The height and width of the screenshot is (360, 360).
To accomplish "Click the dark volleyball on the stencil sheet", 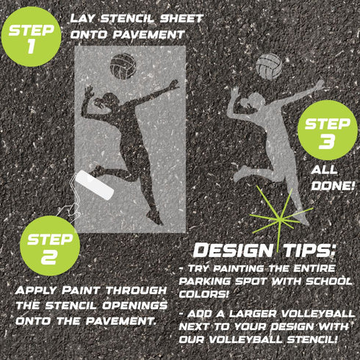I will coord(123,67).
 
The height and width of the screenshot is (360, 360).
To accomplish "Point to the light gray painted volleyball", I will coord(269,67).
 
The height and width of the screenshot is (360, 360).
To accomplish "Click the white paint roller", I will coord(97,185).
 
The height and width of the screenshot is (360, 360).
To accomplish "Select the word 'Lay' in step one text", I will coord(85,18).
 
